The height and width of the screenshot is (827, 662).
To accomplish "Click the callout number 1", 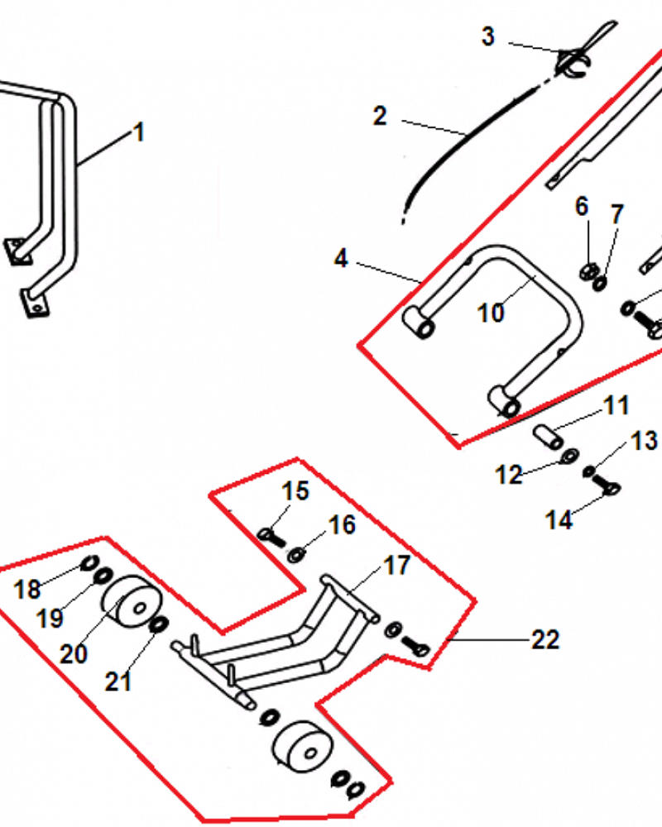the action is click(x=139, y=131).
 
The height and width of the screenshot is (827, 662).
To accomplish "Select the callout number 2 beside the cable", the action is click(x=380, y=116).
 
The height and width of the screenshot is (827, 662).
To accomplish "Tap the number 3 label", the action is click(x=488, y=36).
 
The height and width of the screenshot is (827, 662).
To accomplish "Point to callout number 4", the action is click(x=341, y=258).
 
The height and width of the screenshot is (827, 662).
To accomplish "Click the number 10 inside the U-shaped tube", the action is click(x=491, y=313).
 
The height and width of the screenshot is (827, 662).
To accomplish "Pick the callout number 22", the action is click(x=545, y=640).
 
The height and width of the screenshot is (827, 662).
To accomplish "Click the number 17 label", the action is click(x=397, y=566).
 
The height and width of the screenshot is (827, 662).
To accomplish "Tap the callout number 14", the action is click(x=559, y=520).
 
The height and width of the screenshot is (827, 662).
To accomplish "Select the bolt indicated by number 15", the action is click(x=272, y=538).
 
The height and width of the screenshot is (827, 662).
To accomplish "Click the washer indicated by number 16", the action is click(x=296, y=555).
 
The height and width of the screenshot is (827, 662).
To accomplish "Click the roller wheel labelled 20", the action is click(x=132, y=601).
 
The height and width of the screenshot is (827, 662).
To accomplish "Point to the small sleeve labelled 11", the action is click(x=548, y=437).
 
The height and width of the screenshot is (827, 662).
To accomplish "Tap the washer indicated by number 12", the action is click(x=569, y=455).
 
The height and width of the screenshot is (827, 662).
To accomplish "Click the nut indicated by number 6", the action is click(x=587, y=271).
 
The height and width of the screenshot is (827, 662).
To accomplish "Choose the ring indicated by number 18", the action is click(x=89, y=563).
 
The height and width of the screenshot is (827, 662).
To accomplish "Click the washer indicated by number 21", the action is click(x=158, y=625).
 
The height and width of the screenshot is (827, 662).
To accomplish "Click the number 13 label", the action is click(x=645, y=441).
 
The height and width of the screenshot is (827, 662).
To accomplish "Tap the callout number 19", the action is click(x=50, y=618).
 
